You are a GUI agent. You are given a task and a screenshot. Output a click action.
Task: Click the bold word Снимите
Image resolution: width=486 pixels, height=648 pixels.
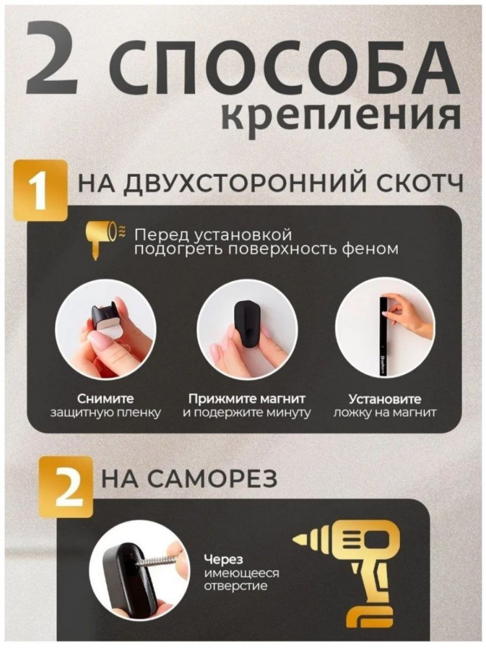[x=106, y=399]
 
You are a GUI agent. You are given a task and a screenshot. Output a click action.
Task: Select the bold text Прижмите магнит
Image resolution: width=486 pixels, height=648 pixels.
[x=247, y=400]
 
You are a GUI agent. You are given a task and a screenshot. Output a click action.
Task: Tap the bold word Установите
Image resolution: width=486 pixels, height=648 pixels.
[x=385, y=399]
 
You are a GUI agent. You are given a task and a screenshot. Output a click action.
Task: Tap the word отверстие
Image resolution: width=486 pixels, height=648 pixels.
[x=236, y=586]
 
